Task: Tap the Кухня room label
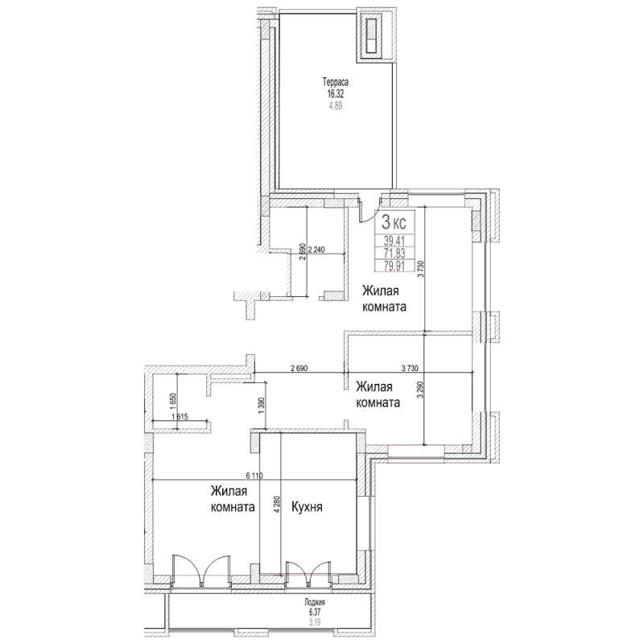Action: (x=307, y=508)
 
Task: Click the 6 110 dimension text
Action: (x=255, y=476)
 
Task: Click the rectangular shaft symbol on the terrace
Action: (x=373, y=36)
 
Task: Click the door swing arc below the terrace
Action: (x=371, y=211)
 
